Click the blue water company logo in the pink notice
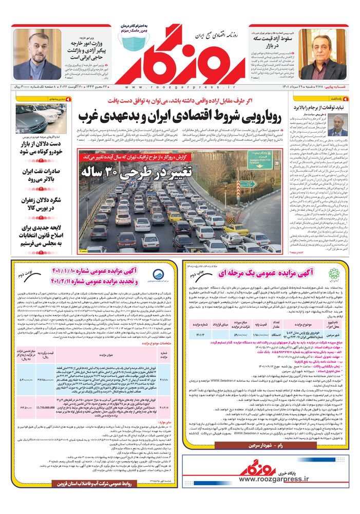pos(159,274)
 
